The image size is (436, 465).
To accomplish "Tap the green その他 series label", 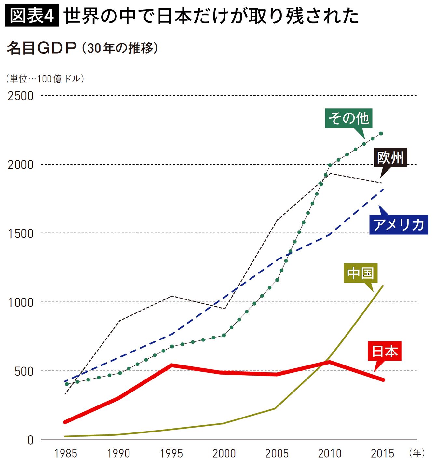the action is click(x=348, y=118).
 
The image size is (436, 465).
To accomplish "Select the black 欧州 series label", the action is click(x=390, y=157).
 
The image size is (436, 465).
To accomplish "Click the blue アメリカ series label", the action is click(x=399, y=225).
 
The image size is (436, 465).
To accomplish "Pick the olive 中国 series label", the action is click(x=361, y=273).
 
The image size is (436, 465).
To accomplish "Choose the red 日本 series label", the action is click(x=385, y=351).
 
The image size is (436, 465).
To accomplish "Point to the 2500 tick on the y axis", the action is click(x=20, y=96).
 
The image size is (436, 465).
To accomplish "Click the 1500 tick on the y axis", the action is click(x=20, y=233).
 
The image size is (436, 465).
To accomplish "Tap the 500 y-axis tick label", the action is click(x=24, y=371).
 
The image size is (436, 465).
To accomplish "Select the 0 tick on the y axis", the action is click(x=30, y=440).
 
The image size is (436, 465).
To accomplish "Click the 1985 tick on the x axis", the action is click(x=66, y=453).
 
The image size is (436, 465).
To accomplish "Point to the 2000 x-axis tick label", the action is click(x=224, y=453).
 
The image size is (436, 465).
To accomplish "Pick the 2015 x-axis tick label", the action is click(x=382, y=453).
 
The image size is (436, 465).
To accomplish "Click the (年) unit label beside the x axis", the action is click(x=417, y=453).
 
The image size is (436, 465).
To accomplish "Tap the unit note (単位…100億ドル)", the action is click(x=45, y=79).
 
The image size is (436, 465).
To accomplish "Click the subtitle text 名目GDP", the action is click(x=42, y=48).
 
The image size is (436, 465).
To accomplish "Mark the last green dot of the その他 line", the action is click(x=381, y=133).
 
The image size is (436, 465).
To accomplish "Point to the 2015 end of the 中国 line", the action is click(x=383, y=286).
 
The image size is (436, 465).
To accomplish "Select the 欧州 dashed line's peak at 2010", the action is click(x=330, y=173).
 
